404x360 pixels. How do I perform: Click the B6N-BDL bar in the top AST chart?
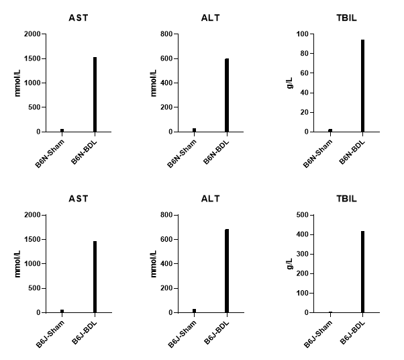[95, 94]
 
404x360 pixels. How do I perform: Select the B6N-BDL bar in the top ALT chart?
[227, 95]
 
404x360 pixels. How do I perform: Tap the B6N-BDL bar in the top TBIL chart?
[363, 85]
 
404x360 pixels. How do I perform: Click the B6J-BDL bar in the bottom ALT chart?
[227, 271]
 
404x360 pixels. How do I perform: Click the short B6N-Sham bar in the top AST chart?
[62, 130]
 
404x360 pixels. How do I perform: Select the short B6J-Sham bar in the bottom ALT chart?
[194, 311]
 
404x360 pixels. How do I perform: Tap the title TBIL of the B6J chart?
[346, 199]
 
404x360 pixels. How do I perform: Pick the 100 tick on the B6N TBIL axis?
[301, 34]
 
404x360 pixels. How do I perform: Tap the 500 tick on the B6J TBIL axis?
[301, 215]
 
